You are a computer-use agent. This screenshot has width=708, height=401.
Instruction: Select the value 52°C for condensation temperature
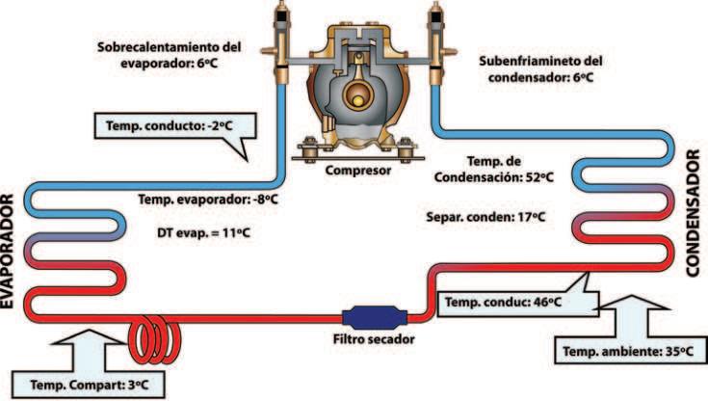[539, 177]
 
